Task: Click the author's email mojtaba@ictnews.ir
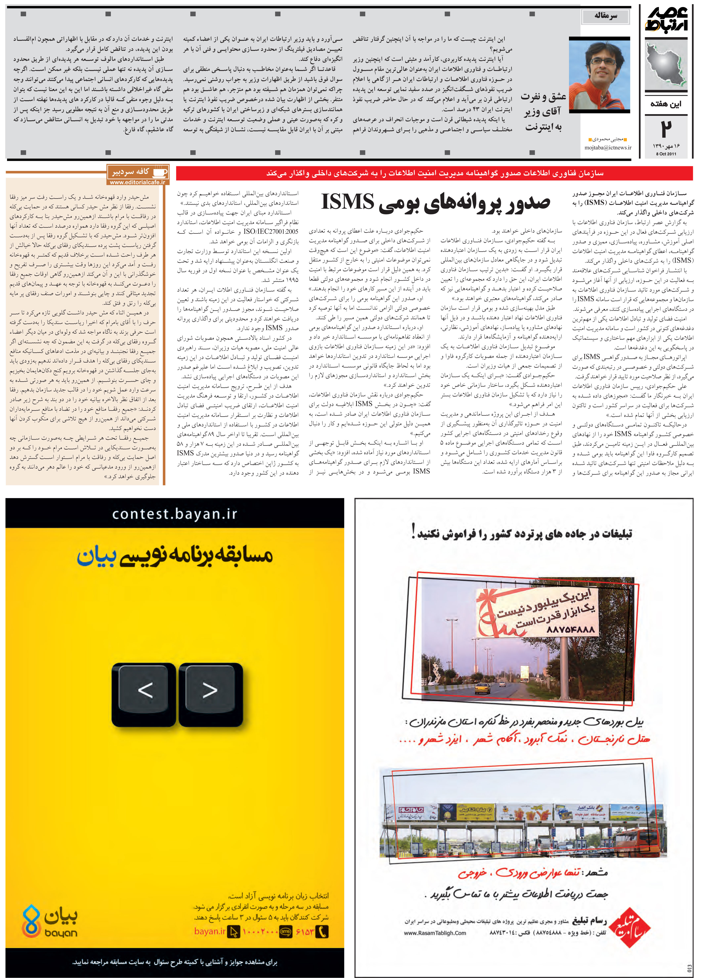click(x=608, y=147)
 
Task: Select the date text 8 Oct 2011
click(x=666, y=154)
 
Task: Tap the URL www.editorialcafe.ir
click(x=137, y=182)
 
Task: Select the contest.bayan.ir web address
click(x=175, y=514)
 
